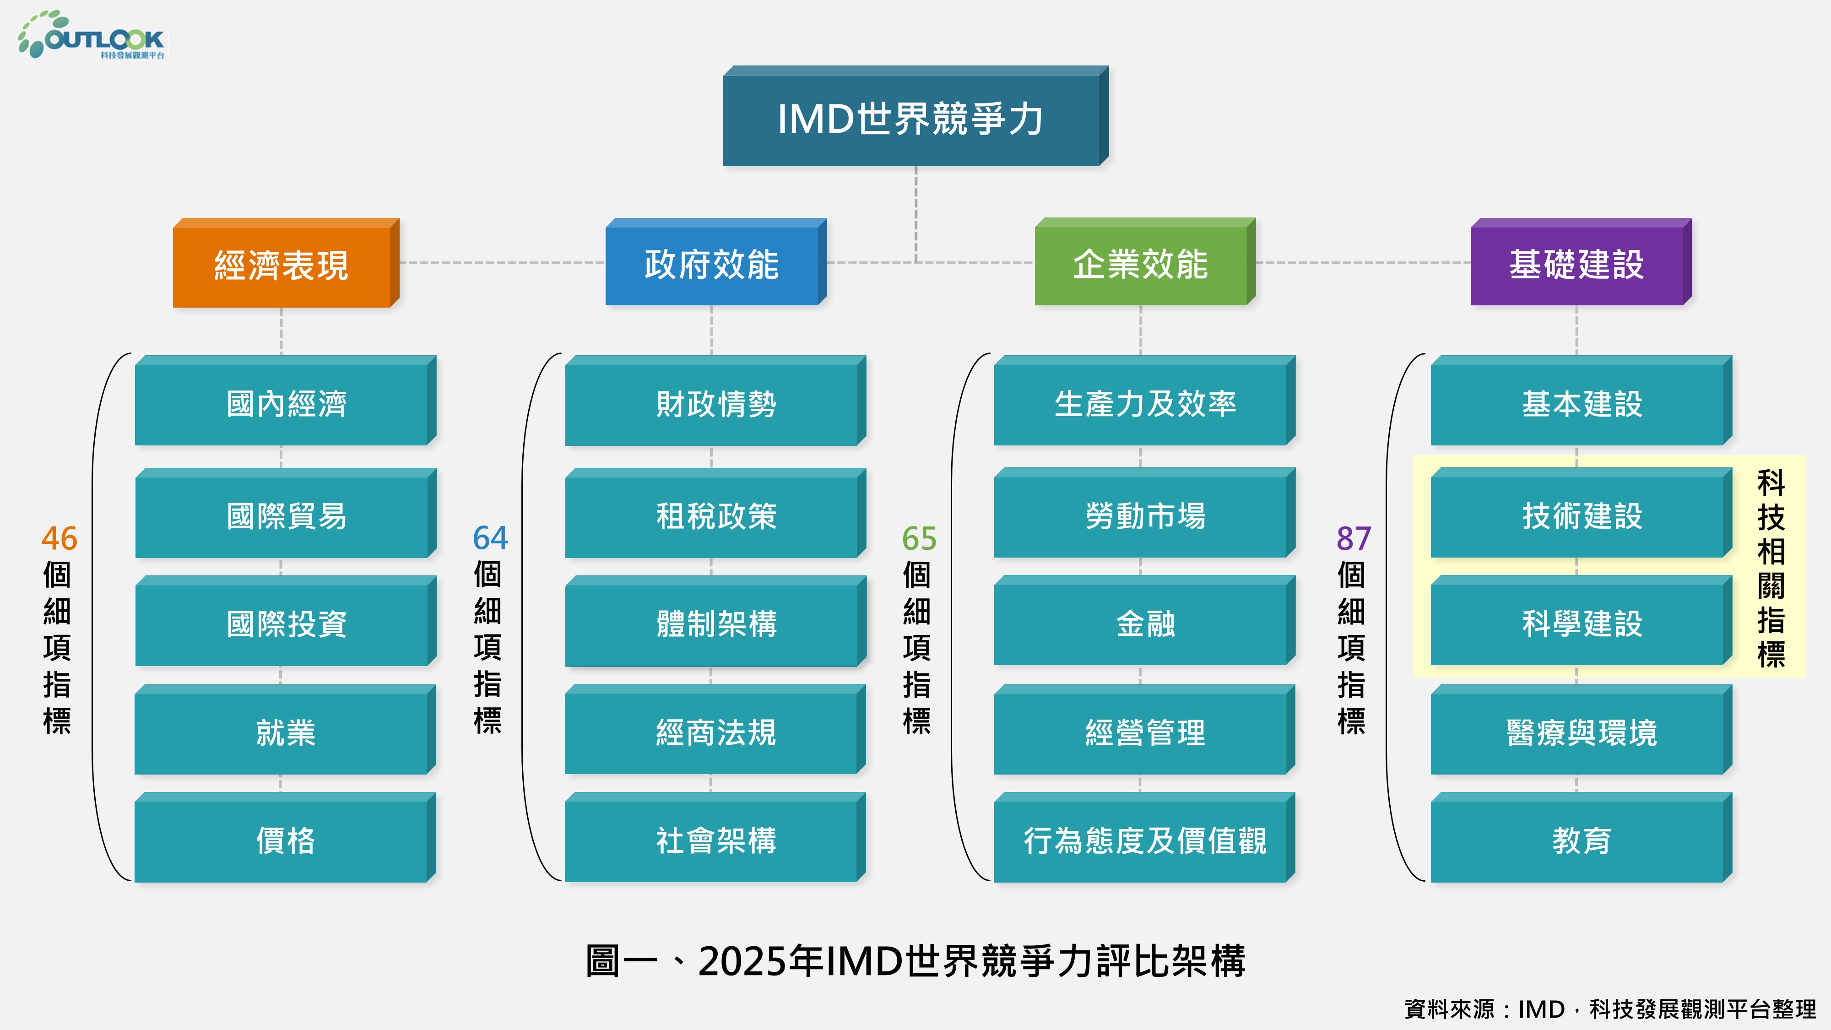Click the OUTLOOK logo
click(x=91, y=35)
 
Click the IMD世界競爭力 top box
click(x=915, y=117)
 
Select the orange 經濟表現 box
click(x=286, y=263)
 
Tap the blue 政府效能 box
click(x=716, y=262)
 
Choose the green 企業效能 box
click(x=1145, y=262)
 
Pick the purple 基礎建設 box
click(x=1581, y=262)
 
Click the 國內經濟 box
click(x=286, y=401)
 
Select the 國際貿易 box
click(x=286, y=513)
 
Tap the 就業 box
click(x=285, y=730)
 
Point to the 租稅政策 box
click(x=716, y=513)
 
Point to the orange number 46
click(x=59, y=538)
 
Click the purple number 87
click(x=1354, y=538)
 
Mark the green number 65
click(x=919, y=538)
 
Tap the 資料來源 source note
click(x=1610, y=1008)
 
